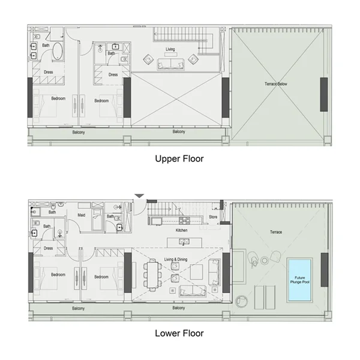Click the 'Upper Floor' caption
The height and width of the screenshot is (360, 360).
pyautogui.click(x=179, y=159)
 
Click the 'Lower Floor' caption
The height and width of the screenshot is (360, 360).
pyautogui.click(x=179, y=333)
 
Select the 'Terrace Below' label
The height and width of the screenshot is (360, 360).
pyautogui.click(x=276, y=84)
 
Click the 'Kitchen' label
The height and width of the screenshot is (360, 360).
pyautogui.click(x=182, y=230)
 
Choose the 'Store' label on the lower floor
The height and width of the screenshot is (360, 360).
pyautogui.click(x=213, y=217)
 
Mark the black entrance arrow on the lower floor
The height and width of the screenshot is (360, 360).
pyautogui.click(x=139, y=195)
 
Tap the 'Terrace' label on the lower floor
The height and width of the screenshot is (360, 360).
pyautogui.click(x=275, y=232)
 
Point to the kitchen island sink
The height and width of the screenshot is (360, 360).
pyautogui.click(x=185, y=242)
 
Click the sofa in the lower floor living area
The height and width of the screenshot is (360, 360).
pyautogui.click(x=191, y=291)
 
